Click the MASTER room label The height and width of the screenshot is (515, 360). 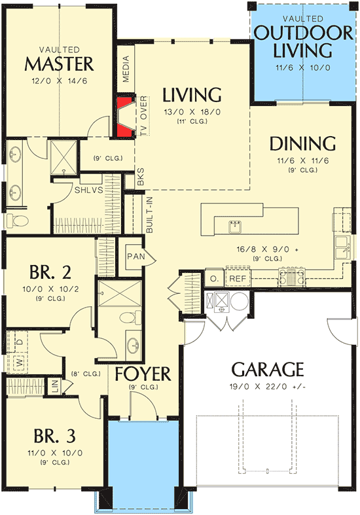(59, 63)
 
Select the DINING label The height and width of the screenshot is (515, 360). (302, 143)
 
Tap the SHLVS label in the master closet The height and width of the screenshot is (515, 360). (88, 190)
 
